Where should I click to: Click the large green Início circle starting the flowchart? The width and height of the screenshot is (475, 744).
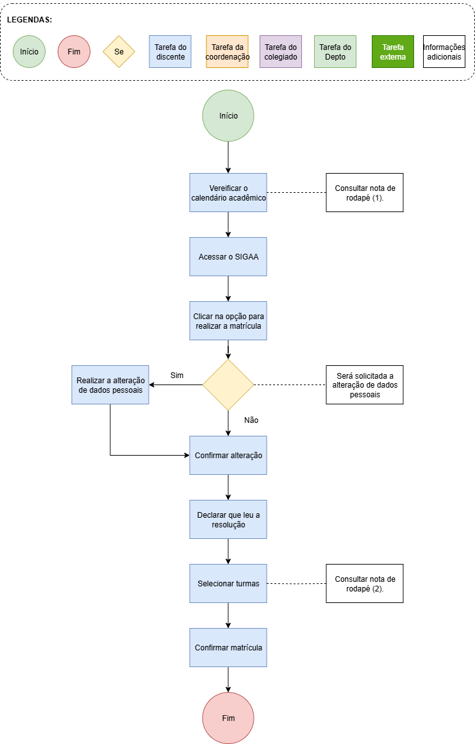(228, 116)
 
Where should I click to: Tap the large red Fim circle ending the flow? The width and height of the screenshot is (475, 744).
(228, 718)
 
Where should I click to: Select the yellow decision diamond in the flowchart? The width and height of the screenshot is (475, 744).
(228, 384)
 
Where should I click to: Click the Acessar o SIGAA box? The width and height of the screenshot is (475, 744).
(228, 257)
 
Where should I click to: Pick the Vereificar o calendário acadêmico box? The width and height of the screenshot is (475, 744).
(228, 193)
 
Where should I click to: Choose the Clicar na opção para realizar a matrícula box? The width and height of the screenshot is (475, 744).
(228, 321)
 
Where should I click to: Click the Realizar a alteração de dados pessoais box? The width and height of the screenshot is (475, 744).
(110, 384)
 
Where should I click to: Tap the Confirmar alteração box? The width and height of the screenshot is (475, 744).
(228, 456)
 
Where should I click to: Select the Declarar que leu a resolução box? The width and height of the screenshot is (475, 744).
(228, 520)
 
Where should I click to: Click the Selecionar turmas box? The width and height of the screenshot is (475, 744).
(228, 584)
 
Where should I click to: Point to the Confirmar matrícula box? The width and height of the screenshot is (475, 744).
(228, 648)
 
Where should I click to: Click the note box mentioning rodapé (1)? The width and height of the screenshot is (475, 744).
(365, 193)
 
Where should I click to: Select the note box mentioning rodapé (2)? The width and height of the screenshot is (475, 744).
(365, 584)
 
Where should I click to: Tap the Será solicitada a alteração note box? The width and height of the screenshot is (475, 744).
(365, 384)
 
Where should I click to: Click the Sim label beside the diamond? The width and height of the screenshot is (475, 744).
(177, 376)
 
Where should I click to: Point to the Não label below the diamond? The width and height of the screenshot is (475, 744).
(251, 420)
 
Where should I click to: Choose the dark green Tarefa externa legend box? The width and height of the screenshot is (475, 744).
(393, 52)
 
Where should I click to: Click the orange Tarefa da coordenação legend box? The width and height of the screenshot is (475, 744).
(228, 52)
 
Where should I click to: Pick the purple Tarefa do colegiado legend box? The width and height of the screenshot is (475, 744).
(281, 52)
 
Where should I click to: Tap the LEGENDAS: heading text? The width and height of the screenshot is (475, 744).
(29, 20)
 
